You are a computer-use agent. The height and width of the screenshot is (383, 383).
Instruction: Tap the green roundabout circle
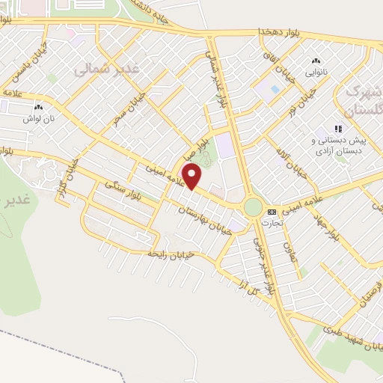[253, 207]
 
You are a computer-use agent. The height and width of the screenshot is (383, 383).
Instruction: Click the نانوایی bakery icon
[315, 61]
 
